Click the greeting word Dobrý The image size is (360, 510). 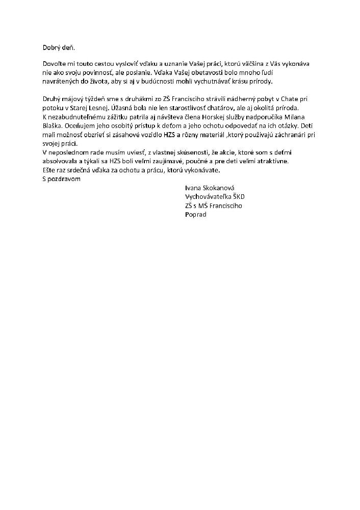click(52, 47)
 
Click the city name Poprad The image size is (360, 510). click(195, 214)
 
